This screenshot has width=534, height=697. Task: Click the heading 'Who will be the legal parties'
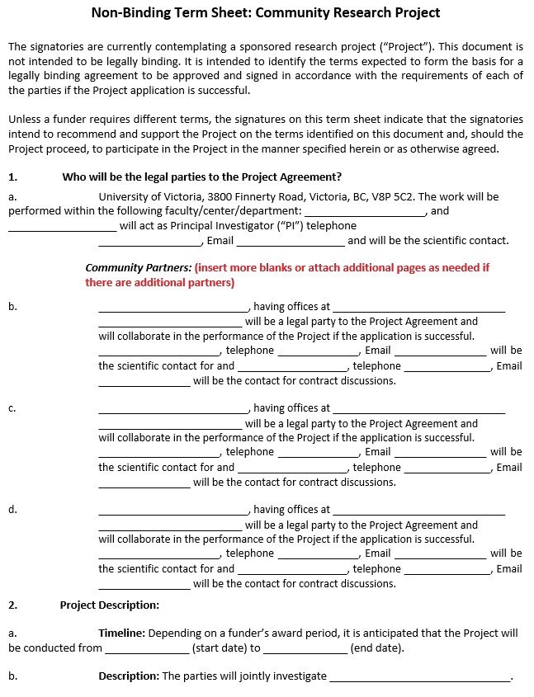click(202, 177)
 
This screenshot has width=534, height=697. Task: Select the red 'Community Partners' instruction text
click(287, 276)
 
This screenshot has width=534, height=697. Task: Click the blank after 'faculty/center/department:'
click(364, 212)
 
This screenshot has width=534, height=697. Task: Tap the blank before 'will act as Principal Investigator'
click(63, 227)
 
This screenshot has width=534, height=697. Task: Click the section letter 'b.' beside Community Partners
click(12, 306)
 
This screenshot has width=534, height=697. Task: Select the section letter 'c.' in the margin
click(12, 407)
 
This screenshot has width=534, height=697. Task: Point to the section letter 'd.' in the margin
click(12, 509)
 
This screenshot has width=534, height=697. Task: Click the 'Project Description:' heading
click(109, 605)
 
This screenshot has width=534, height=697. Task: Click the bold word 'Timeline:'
click(122, 633)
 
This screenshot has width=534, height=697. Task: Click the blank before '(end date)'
click(305, 649)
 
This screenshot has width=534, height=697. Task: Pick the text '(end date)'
click(377, 648)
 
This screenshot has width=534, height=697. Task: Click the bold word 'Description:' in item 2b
click(129, 676)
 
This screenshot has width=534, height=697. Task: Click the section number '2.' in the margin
click(12, 605)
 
